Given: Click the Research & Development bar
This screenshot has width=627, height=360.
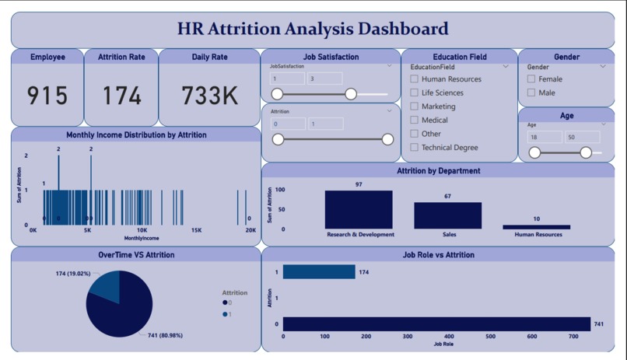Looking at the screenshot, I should [x=359, y=209].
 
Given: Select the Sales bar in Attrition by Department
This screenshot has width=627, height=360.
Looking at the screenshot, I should [x=447, y=215].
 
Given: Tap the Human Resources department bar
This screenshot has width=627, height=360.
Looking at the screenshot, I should [x=536, y=227].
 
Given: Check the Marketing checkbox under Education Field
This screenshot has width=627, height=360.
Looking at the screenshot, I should [x=415, y=107].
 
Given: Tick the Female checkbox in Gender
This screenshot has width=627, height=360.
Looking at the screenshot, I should [x=531, y=79].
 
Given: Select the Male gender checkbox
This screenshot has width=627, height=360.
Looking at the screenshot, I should [x=531, y=93].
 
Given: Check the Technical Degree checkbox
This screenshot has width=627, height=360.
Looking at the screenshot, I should [x=415, y=148].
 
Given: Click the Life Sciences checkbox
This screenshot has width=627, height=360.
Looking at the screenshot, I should [x=415, y=93].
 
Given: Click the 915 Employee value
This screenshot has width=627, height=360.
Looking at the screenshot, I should [x=47, y=96].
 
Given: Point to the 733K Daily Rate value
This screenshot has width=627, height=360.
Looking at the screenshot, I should [x=209, y=96].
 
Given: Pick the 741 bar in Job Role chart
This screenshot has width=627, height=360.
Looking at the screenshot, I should [x=436, y=324].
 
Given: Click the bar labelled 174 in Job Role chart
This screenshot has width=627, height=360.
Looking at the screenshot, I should [x=319, y=272].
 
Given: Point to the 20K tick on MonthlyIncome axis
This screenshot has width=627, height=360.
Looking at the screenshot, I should [x=250, y=231].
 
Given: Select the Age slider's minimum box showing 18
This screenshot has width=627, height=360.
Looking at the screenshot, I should [x=544, y=137].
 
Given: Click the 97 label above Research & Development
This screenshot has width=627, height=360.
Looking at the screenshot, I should [x=359, y=184].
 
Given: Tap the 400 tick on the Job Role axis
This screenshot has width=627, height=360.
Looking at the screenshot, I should [x=449, y=337].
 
